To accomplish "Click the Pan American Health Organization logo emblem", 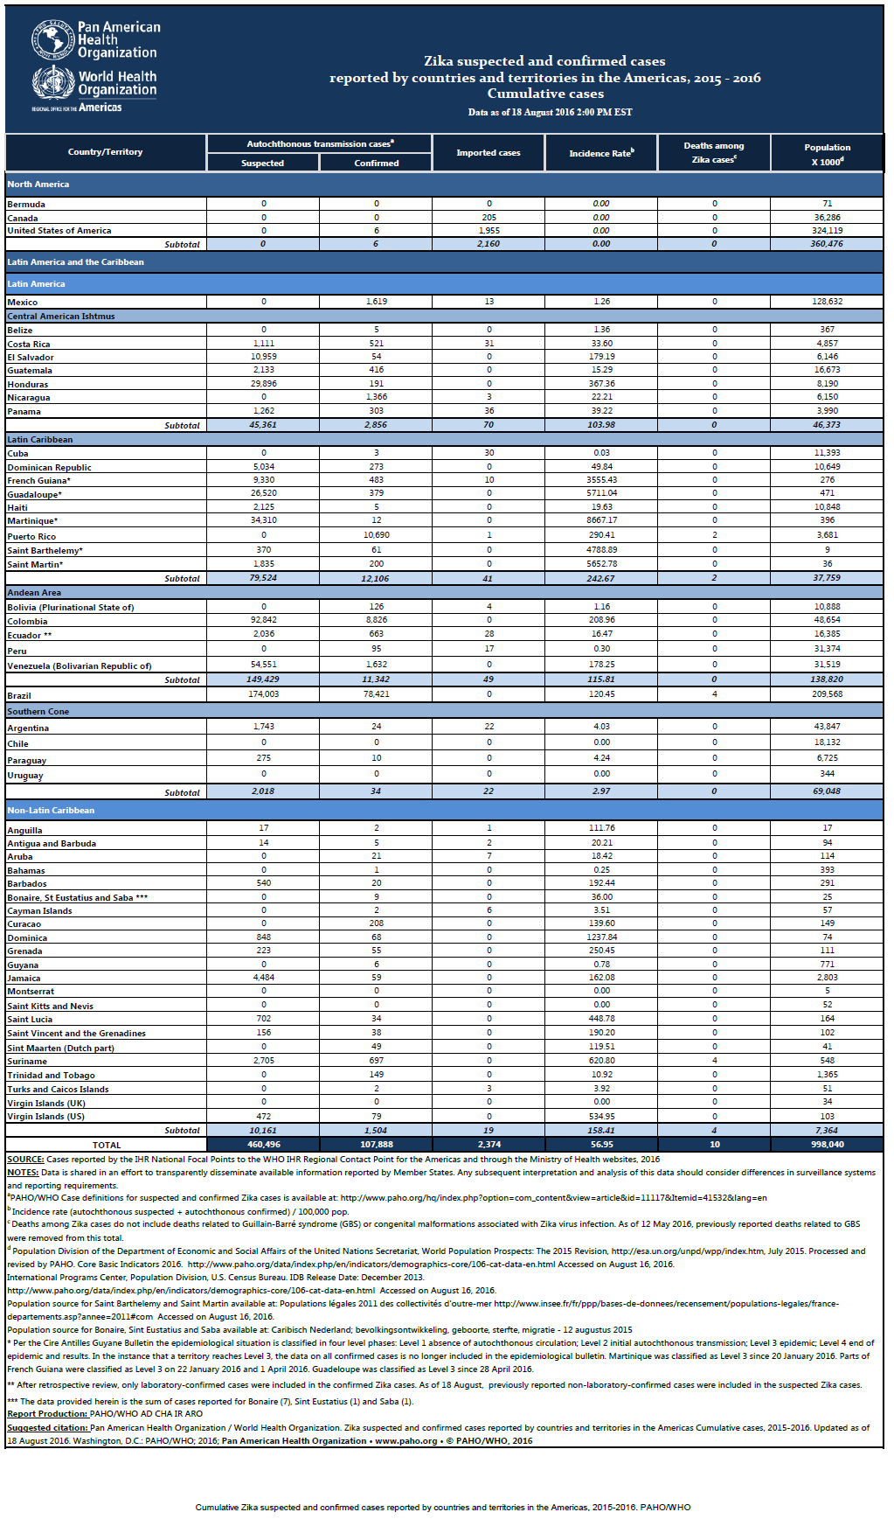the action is [x=52, y=41].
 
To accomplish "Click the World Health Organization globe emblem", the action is [x=52, y=81].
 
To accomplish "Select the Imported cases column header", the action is [x=489, y=153].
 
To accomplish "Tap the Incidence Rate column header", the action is [x=601, y=153].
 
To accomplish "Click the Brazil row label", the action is [x=19, y=696].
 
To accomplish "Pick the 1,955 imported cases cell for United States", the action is [x=489, y=231].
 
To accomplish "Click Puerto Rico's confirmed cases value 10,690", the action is [x=377, y=534].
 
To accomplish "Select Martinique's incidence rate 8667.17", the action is [x=601, y=520].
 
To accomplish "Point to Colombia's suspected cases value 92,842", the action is [x=264, y=620].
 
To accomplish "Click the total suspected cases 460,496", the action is [x=264, y=1144].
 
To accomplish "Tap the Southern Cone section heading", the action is [x=38, y=712].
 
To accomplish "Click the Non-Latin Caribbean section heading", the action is [x=51, y=811].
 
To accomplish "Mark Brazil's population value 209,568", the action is [x=828, y=694].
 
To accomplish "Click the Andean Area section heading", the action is [x=34, y=593].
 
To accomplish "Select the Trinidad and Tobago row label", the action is [x=51, y=1076].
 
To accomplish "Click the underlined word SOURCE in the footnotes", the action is [x=25, y=1160].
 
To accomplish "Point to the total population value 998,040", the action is [x=828, y=1144].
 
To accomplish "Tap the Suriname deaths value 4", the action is [x=715, y=1061].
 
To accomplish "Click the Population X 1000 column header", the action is [x=828, y=154].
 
